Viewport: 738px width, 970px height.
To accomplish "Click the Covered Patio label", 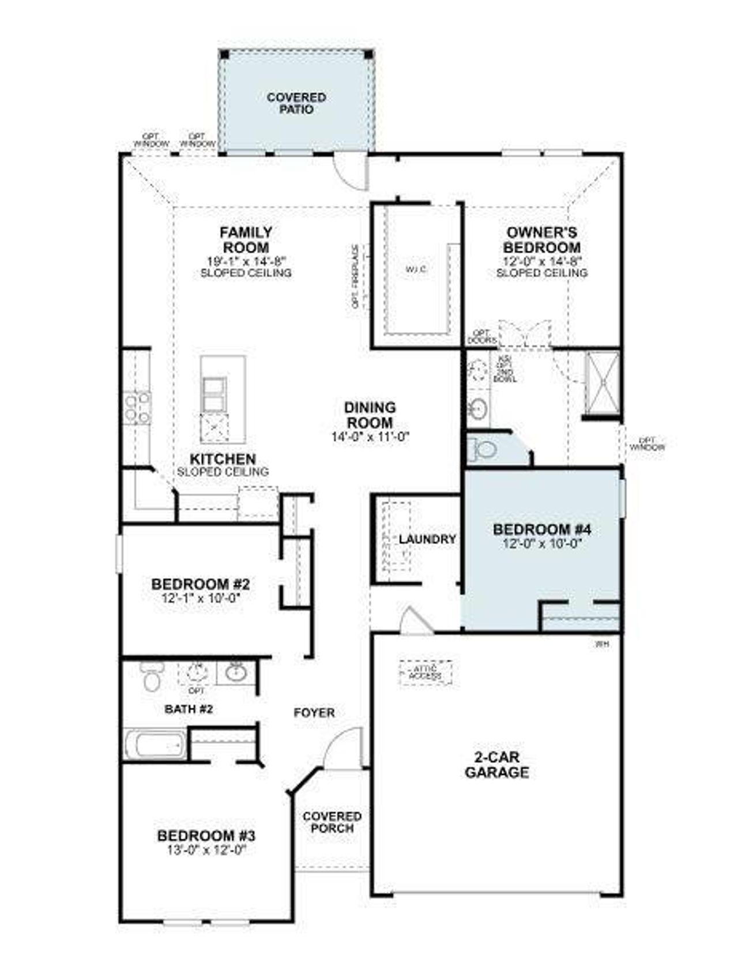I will (x=296, y=103).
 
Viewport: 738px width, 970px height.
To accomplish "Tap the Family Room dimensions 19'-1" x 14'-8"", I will (x=246, y=261).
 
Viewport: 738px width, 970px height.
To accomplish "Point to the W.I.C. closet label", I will (x=416, y=269).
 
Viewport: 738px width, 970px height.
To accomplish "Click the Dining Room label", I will (x=370, y=415).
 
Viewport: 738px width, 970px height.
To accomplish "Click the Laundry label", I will (x=427, y=539).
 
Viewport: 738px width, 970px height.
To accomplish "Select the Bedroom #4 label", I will (x=542, y=529).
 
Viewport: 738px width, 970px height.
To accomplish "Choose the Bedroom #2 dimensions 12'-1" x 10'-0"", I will (x=201, y=598).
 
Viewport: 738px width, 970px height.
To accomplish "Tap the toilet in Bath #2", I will (x=152, y=677).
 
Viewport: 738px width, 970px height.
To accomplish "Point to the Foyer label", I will (x=314, y=713).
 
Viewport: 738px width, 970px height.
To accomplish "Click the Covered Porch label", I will (x=332, y=822).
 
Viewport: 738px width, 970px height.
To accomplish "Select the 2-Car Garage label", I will (x=496, y=765).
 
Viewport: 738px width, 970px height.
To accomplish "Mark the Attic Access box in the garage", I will (x=426, y=672).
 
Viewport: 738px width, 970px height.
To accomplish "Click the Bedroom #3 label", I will (x=206, y=836).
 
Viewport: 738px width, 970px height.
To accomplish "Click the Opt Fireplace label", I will (x=356, y=277).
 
